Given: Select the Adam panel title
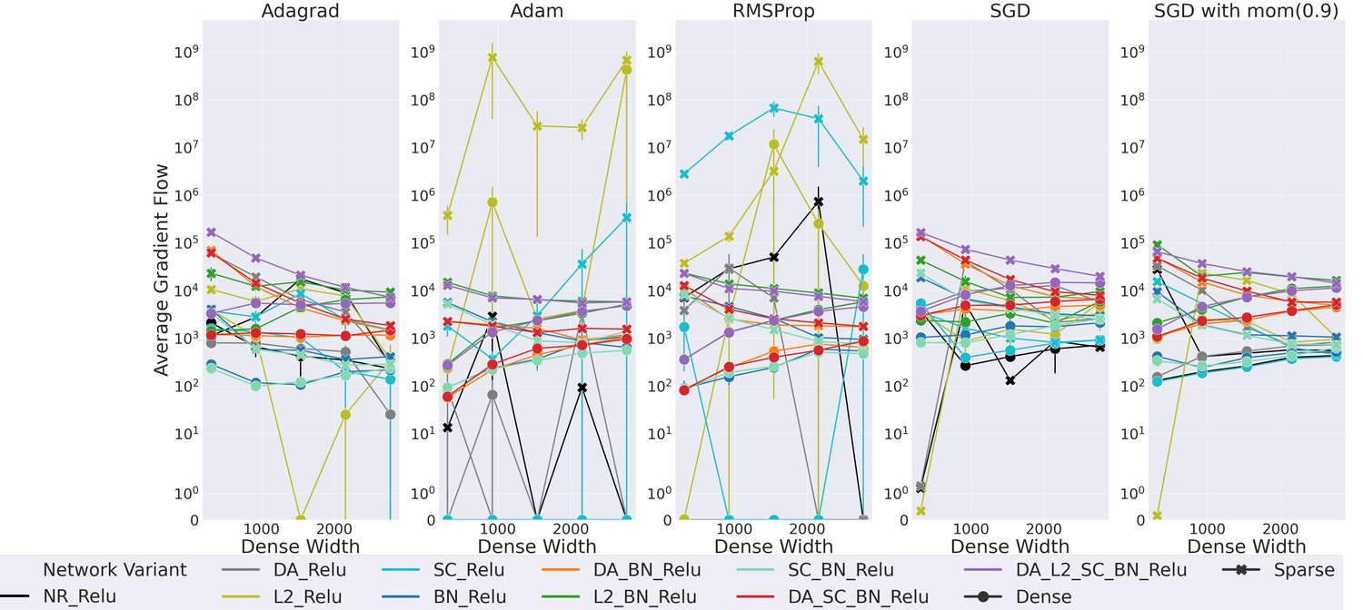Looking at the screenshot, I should pyautogui.click(x=537, y=13).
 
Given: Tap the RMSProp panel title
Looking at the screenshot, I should pyautogui.click(x=773, y=13).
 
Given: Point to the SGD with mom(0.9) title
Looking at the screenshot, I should pyautogui.click(x=1246, y=13).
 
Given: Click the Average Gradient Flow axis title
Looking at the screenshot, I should pyautogui.click(x=162, y=270).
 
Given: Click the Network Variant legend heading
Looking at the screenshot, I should pyautogui.click(x=114, y=570).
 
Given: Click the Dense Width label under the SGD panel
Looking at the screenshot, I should pyautogui.click(x=1010, y=546).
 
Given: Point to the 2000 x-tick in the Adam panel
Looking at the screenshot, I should pyautogui.click(x=573, y=528).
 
